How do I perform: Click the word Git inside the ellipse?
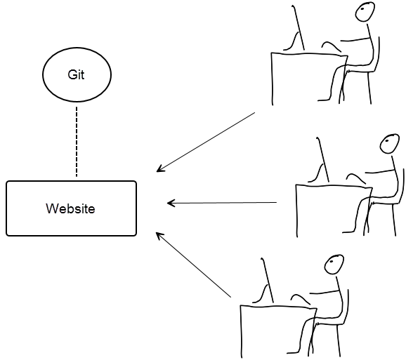click(x=76, y=75)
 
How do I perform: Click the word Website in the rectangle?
click(x=70, y=208)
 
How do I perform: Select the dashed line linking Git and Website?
click(x=77, y=142)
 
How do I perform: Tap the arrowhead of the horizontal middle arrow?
click(x=171, y=203)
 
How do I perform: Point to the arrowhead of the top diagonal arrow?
click(x=159, y=169)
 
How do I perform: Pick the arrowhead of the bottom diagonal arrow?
click(x=159, y=235)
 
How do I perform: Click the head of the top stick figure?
click(x=365, y=12)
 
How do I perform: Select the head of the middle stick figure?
click(x=389, y=144)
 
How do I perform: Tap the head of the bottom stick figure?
click(x=334, y=265)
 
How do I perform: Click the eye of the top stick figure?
click(x=362, y=9)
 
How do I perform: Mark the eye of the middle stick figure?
click(x=387, y=141)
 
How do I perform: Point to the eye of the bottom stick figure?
click(x=332, y=262)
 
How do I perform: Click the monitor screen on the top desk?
click(x=299, y=27)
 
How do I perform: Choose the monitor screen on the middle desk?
click(x=323, y=159)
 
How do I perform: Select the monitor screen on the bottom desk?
click(x=268, y=280)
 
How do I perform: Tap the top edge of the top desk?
click(x=310, y=54)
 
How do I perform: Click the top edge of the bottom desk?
click(x=279, y=307)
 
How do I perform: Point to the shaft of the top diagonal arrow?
click(x=206, y=142)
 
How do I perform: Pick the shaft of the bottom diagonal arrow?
click(x=193, y=265)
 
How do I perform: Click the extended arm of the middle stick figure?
click(x=380, y=171)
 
